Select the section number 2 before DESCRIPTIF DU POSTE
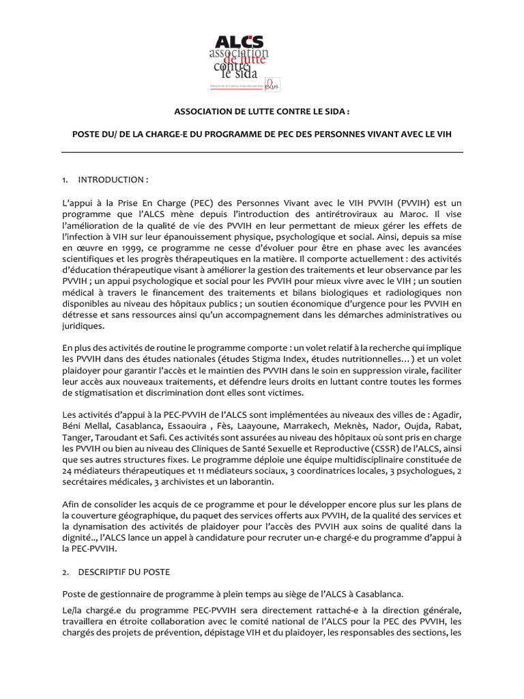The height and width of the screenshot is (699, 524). point(64,571)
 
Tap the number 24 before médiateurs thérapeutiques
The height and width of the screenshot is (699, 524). point(68,471)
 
